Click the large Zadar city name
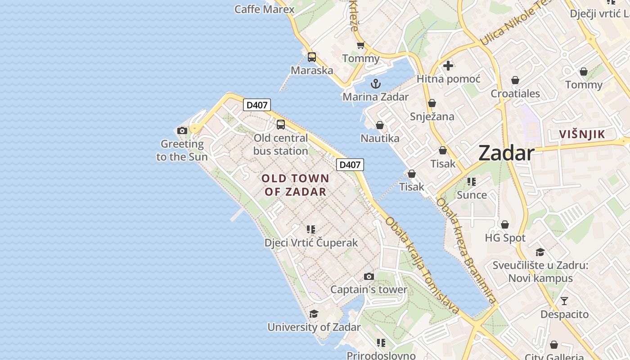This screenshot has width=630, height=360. (x=506, y=153)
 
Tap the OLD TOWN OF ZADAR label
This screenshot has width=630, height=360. (x=296, y=185)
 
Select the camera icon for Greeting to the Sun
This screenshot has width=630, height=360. (x=182, y=131)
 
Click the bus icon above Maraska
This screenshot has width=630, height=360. (x=312, y=57)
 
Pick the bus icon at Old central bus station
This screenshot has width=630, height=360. (x=281, y=125)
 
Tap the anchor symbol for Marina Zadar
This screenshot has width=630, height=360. (x=375, y=84)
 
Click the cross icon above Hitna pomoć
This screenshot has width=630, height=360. (x=448, y=66)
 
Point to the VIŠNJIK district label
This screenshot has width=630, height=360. (x=582, y=134)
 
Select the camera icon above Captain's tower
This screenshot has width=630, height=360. (x=369, y=276)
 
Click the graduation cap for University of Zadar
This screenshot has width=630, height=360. (x=314, y=314)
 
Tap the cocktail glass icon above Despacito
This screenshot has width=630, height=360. (x=564, y=301)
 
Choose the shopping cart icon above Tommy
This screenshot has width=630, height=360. (x=360, y=45)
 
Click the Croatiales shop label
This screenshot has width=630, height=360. (x=515, y=94)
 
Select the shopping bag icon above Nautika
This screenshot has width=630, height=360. (x=380, y=125)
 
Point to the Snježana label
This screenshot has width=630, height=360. (x=432, y=117)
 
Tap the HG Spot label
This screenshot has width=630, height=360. (x=505, y=238)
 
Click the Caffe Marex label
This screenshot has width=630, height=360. (x=265, y=9)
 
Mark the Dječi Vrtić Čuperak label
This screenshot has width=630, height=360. (x=311, y=243)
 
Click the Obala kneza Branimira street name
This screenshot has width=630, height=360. (x=466, y=251)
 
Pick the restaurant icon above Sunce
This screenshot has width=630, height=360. (x=472, y=182)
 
